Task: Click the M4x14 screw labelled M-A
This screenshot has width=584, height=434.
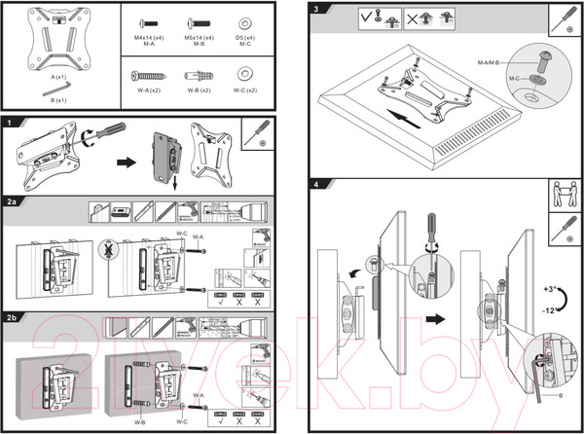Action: pyautogui.click(x=146, y=22)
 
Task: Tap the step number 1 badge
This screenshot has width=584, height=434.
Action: pyautogui.click(x=9, y=125)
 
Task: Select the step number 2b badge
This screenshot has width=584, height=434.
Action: pyautogui.click(x=12, y=317)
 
